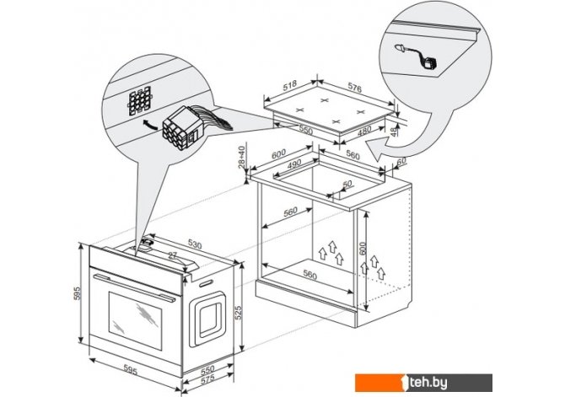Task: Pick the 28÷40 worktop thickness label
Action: coord(244,159)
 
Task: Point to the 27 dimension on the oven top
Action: coord(173,256)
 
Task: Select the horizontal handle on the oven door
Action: coord(135,277)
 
